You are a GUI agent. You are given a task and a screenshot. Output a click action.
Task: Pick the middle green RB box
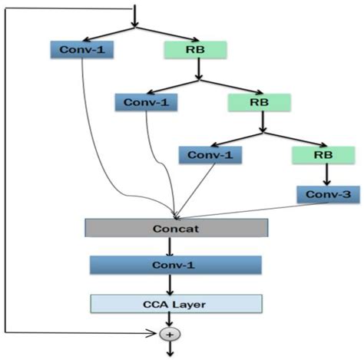coord(259,102)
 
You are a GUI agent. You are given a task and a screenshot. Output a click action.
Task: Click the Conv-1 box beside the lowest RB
coord(209,154)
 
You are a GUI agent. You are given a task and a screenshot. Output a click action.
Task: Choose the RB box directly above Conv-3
coord(323,154)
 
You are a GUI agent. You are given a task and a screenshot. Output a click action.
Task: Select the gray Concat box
coord(177,228)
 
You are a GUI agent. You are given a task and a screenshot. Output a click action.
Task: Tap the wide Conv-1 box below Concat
coord(177,266)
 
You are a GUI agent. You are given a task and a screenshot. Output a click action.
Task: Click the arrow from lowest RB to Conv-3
coord(326,174)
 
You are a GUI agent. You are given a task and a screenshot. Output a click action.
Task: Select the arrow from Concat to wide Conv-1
coord(169,246)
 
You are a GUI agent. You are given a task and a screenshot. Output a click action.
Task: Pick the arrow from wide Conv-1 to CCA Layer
coord(169,284)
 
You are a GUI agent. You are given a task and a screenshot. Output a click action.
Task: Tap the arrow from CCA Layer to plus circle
coord(169,320)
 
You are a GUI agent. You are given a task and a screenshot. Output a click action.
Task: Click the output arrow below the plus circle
coord(169,350)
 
